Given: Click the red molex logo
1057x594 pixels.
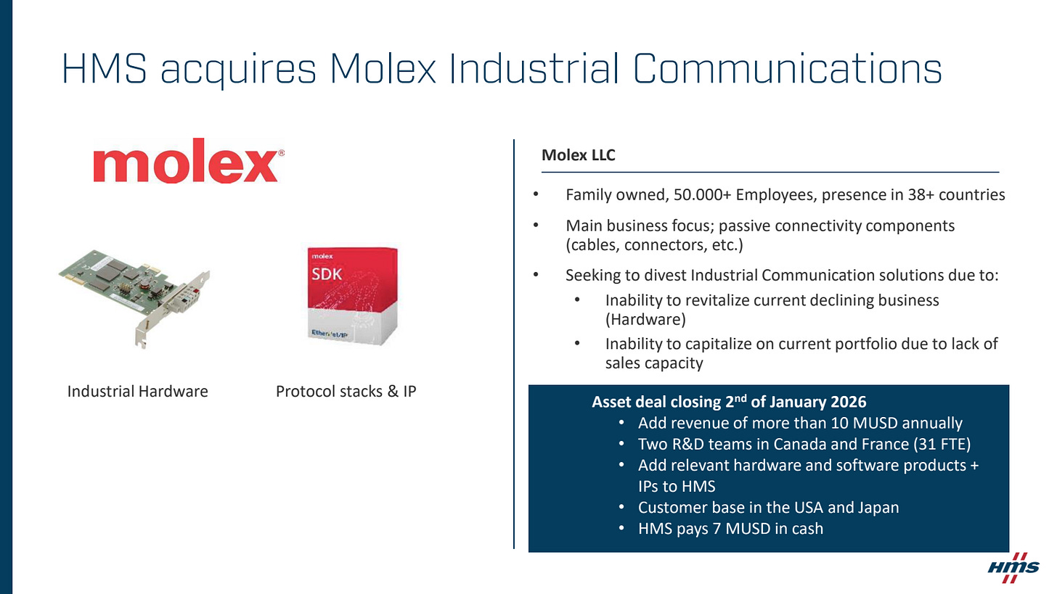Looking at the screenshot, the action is click(188, 161).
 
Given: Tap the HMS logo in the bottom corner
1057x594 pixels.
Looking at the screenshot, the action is click(1013, 567).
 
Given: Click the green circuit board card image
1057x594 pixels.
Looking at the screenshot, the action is click(134, 298).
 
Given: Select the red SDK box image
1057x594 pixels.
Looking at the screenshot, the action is click(352, 296).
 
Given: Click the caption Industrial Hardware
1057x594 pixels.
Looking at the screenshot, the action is click(137, 392).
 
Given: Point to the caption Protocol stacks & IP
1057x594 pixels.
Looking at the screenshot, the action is click(346, 392).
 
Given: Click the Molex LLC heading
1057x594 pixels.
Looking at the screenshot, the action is click(578, 154).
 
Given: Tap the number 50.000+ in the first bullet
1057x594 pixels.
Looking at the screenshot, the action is click(702, 194).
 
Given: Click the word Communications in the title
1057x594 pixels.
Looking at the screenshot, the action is click(787, 69).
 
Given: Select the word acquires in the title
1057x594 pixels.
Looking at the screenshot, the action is click(238, 71).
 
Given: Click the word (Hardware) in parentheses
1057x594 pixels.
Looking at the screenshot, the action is click(645, 320).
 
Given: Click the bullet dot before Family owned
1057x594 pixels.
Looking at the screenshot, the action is click(536, 194).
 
